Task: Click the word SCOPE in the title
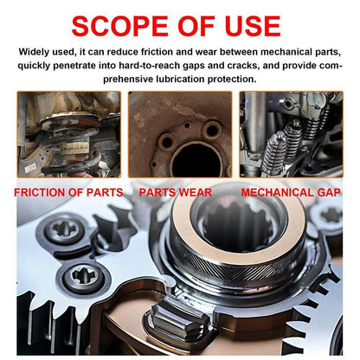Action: [119, 26]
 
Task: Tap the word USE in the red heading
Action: [253, 26]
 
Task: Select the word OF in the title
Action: [196, 26]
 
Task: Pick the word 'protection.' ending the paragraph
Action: [232, 80]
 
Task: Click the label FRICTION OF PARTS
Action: [68, 192]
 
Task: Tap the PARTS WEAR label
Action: [176, 192]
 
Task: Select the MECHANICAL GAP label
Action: [291, 192]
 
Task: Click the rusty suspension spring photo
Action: [69, 134]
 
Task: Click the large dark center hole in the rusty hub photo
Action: [196, 160]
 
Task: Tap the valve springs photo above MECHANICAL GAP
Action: [292, 134]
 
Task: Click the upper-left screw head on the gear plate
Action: [65, 229]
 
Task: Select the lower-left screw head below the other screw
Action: [84, 277]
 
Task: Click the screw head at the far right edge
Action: [331, 215]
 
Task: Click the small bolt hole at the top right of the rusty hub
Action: [212, 130]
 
